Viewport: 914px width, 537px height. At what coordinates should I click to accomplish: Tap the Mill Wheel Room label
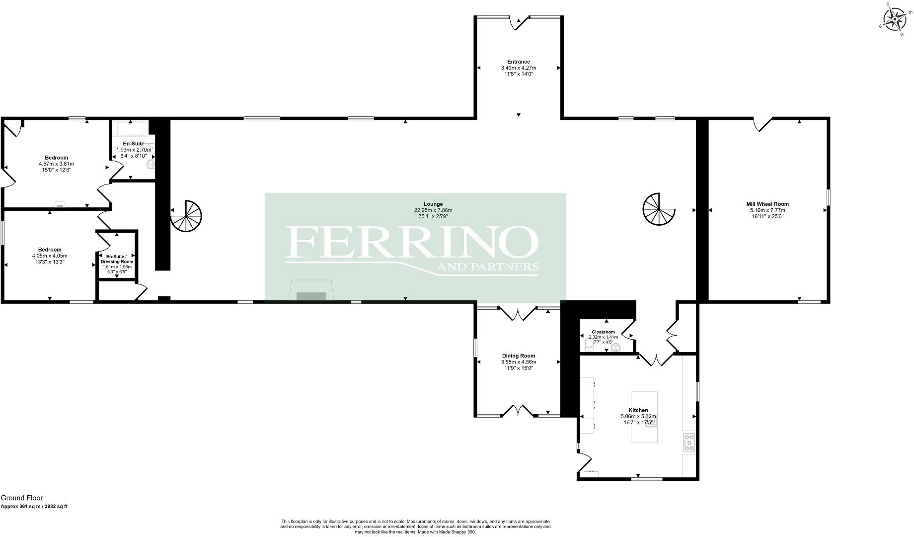coord(767,204)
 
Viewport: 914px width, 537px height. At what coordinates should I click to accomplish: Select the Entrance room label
coord(518,62)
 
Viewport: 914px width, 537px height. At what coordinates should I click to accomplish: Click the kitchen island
coord(644,417)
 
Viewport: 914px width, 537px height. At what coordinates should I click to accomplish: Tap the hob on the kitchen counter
coord(689,443)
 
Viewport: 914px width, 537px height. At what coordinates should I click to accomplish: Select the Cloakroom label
coord(603,332)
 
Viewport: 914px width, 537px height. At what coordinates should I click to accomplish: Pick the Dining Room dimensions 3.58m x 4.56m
coord(518,362)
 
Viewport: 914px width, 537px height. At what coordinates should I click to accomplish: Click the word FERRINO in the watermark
coord(411,242)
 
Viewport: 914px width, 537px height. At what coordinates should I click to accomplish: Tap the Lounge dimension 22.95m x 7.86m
coord(433,210)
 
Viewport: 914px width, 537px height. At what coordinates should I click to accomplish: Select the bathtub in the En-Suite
coord(131,129)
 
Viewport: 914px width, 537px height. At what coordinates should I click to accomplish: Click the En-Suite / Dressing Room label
coord(117,259)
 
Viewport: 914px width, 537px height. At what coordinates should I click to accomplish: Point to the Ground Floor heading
coord(22,498)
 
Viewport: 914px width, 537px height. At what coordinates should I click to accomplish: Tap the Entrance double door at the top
coord(519,22)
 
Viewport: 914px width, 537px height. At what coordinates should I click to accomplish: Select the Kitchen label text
coord(638,410)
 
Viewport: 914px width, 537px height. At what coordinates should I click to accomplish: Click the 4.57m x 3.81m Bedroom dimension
coord(56,164)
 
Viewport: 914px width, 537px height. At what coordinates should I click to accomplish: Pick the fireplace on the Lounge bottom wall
coord(311,293)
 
